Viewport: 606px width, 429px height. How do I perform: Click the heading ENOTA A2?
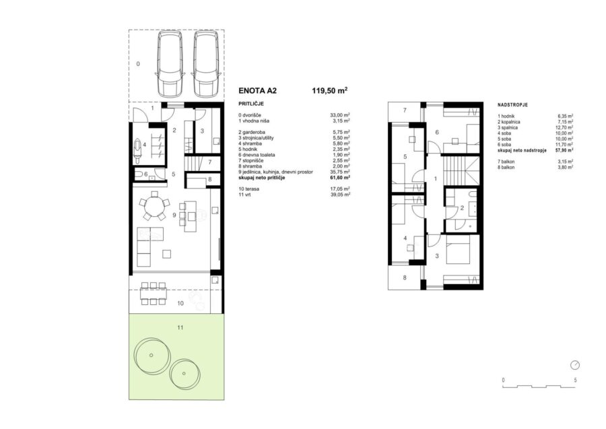[258, 91]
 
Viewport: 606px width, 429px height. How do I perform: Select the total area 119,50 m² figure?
[330, 91]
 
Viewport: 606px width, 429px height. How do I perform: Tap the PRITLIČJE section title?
[251, 104]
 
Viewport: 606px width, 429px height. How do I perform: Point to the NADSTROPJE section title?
[512, 105]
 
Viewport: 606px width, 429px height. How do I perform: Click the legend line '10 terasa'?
[249, 189]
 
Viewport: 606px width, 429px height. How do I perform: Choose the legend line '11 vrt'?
[246, 195]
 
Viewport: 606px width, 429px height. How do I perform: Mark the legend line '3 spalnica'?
[508, 127]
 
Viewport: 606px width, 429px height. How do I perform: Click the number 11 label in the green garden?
[180, 328]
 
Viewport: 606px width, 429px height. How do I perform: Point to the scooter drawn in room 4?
[138, 150]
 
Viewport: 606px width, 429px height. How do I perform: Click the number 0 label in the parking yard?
[138, 64]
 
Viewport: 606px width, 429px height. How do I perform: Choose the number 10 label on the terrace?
[180, 303]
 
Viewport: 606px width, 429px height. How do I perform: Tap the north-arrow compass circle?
[575, 365]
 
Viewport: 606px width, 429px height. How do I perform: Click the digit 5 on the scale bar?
[575, 381]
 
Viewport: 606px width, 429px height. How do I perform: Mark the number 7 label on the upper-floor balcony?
[405, 110]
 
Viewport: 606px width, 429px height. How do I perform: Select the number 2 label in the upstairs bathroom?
[462, 208]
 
